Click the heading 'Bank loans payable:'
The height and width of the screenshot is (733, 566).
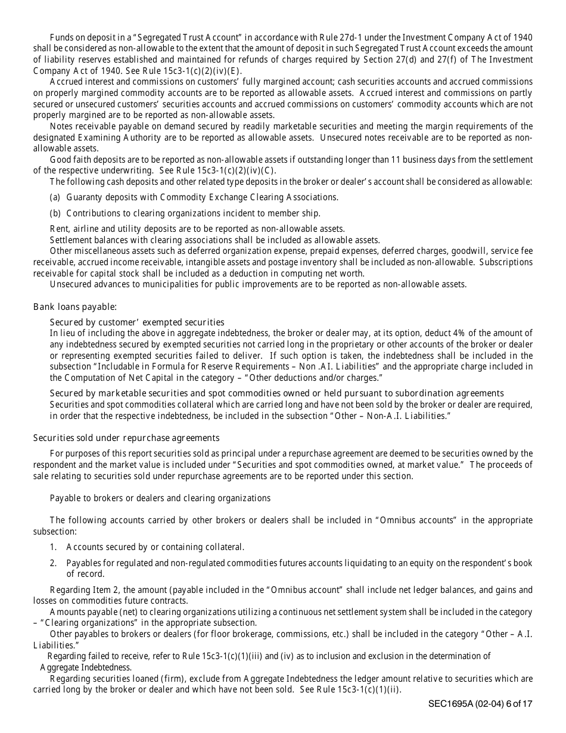pos(75,307)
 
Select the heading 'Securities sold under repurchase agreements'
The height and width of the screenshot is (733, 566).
pos(126,438)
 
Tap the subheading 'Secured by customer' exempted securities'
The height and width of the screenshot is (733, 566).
pos(137,322)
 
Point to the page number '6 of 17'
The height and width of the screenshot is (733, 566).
pos(519,704)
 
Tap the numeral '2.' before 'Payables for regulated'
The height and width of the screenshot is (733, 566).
pos(53,563)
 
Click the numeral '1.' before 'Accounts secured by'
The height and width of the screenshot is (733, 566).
pos(53,547)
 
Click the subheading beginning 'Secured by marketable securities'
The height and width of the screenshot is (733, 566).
pos(276,393)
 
